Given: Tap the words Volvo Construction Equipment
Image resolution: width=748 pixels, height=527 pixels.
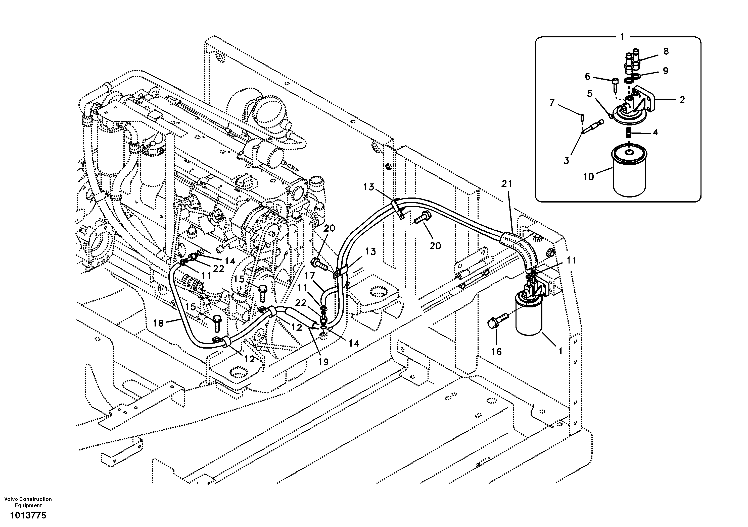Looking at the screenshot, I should click(x=28, y=502).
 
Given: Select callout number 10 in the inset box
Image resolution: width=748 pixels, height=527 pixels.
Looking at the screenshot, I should click(x=588, y=177).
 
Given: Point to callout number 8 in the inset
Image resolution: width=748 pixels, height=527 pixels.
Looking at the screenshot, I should click(x=666, y=51).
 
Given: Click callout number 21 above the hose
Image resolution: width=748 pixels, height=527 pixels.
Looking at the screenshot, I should click(x=507, y=184).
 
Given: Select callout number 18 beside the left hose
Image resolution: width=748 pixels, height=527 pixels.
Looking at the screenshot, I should click(x=158, y=323).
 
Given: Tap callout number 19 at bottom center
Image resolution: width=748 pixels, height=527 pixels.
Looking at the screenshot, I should click(x=323, y=361).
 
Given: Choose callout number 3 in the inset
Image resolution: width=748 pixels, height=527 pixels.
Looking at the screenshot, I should click(x=566, y=160).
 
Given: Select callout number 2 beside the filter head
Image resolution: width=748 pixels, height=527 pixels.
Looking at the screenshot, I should click(x=682, y=100).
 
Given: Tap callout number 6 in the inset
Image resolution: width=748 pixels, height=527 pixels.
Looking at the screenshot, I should click(x=587, y=77).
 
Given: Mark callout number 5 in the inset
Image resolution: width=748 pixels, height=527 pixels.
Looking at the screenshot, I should click(x=590, y=94).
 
